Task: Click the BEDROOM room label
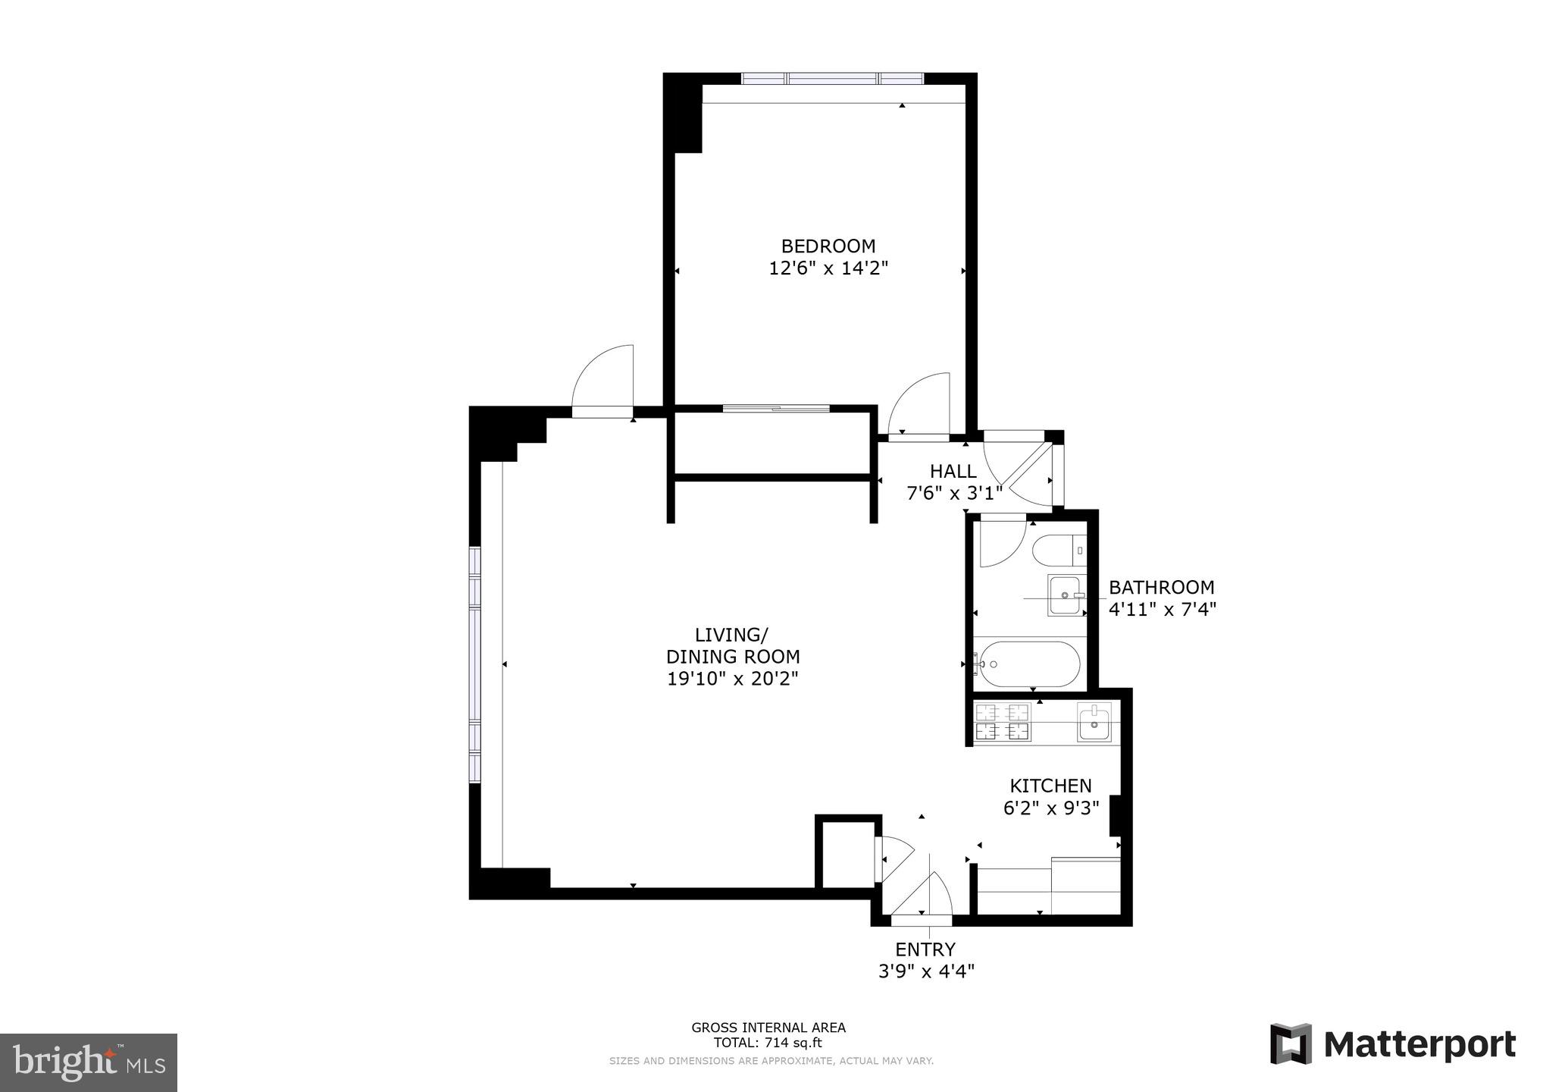(828, 246)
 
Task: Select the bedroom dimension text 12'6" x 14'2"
(828, 268)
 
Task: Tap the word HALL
(953, 472)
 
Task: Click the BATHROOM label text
(1161, 588)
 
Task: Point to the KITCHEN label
(1050, 786)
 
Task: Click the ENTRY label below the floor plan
(925, 949)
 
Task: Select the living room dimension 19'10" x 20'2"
(732, 679)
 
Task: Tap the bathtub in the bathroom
(1028, 664)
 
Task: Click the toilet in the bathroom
(1058, 550)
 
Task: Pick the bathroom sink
(1066, 595)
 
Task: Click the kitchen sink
(1094, 722)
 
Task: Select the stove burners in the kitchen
(1003, 722)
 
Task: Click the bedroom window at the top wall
(832, 78)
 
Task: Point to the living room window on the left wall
(475, 664)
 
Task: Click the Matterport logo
(1393, 1044)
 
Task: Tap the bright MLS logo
(88, 1062)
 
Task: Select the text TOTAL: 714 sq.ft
(768, 1043)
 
